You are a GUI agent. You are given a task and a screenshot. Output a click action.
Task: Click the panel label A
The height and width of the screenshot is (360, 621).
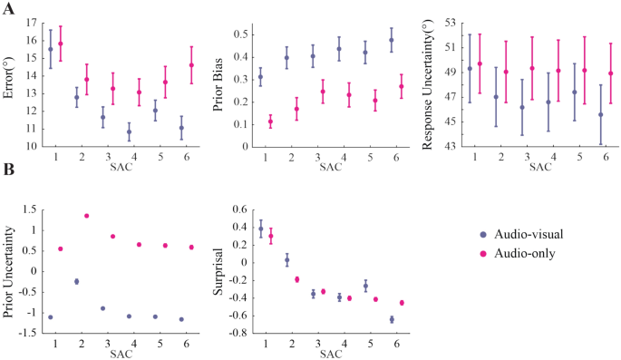coord(9,7)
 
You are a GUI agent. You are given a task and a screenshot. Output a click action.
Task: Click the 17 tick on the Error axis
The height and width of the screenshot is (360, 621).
coord(31,22)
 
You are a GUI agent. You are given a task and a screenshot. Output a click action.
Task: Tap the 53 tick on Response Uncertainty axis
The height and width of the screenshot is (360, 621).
coord(449,22)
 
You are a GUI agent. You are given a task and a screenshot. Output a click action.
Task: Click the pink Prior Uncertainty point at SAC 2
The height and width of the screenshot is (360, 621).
coord(86,216)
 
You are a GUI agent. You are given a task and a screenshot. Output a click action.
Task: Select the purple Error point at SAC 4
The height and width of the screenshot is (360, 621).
coord(130,132)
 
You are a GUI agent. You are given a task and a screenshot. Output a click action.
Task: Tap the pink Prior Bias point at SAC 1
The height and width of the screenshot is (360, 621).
coord(270,122)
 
